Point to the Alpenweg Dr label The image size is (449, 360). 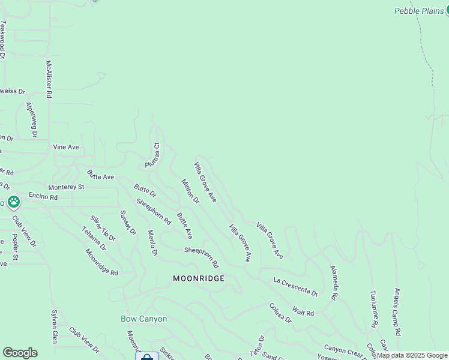click(31, 120)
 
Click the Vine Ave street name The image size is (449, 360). click(66, 147)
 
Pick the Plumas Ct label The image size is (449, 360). click(152, 155)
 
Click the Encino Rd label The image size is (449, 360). click(43, 197)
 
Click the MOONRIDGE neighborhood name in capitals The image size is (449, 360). click(199, 278)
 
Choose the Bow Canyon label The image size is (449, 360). click(144, 319)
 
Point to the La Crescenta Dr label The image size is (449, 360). click(295, 287)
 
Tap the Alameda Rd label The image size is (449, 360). click(333, 283)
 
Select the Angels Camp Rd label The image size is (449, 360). click(397, 311)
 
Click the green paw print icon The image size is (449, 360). click(13, 202)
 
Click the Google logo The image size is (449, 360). click(20, 353)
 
